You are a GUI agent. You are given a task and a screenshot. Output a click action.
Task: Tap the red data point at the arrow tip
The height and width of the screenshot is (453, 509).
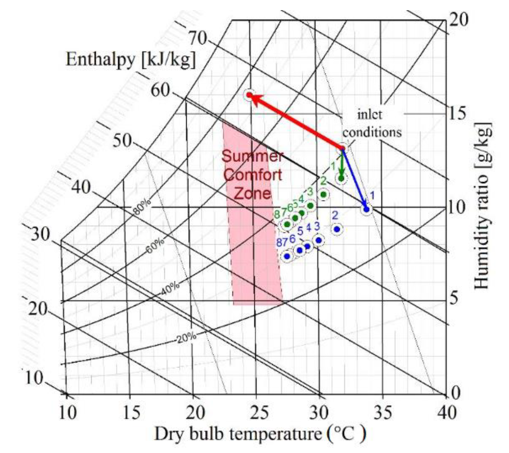pyautogui.click(x=249, y=95)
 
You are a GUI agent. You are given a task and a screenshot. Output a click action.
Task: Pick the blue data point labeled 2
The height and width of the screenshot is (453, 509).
pyautogui.click(x=337, y=229)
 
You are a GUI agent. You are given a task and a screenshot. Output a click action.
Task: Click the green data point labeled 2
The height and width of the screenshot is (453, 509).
pyautogui.click(x=323, y=194)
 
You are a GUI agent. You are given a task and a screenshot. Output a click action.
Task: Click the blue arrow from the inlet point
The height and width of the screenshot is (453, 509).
pyautogui.click(x=354, y=179)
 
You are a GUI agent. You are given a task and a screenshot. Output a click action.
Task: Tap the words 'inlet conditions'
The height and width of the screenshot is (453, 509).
pyautogui.click(x=372, y=124)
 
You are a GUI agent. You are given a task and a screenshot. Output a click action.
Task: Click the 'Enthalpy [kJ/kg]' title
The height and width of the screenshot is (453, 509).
pyautogui.click(x=131, y=59)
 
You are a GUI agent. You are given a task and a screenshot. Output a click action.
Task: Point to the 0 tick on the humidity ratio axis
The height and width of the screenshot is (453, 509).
pyautogui.click(x=456, y=393)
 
